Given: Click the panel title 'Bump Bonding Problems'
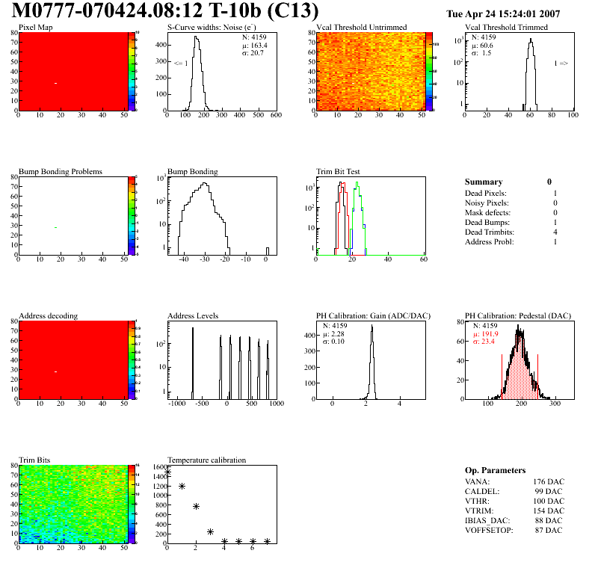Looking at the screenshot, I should point(61,172).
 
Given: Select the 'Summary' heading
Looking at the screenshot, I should point(484,182).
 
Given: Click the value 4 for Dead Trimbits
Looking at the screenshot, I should point(555,232).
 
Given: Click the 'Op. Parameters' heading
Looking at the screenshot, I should point(496,470).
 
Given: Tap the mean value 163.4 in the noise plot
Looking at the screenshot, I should point(259,46).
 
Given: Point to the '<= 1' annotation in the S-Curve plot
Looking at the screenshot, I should point(180,64).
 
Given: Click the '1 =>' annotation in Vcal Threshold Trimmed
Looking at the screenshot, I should point(561,64).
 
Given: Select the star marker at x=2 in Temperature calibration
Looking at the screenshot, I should point(196,506).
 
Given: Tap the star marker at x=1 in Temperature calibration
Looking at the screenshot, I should point(182,487).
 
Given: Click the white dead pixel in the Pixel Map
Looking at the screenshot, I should point(55,83).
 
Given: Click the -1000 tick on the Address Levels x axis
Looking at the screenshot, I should point(177,404).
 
